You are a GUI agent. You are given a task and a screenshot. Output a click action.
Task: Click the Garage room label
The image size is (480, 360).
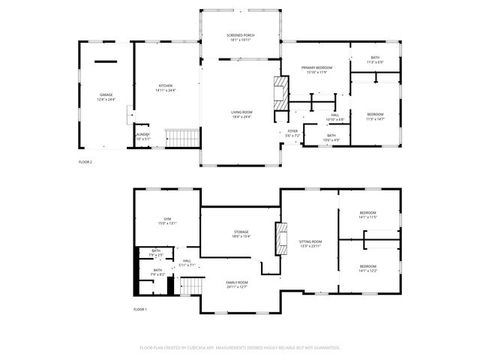tap(106, 94)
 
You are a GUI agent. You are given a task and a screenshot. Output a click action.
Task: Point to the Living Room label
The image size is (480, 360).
tap(241, 112)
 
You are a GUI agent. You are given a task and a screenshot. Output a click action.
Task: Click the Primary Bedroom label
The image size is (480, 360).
tap(316, 68)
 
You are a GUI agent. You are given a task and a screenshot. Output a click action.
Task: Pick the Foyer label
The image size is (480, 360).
tap(292, 130)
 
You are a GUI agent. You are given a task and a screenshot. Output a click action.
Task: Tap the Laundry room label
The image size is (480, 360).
tap(142, 135)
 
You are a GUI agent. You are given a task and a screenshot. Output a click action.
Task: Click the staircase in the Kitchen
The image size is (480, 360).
tap(181, 138)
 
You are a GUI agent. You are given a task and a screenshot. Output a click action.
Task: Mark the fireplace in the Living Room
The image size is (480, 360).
tap(280, 97)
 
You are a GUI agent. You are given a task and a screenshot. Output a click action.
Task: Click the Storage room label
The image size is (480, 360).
tap(241, 232)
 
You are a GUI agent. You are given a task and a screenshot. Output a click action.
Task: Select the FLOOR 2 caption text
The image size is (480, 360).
tap(85, 161)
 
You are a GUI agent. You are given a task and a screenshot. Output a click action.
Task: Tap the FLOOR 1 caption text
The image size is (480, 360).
tap(140, 309)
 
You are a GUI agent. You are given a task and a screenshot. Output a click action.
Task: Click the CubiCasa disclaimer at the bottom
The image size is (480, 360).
tap(240, 347)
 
